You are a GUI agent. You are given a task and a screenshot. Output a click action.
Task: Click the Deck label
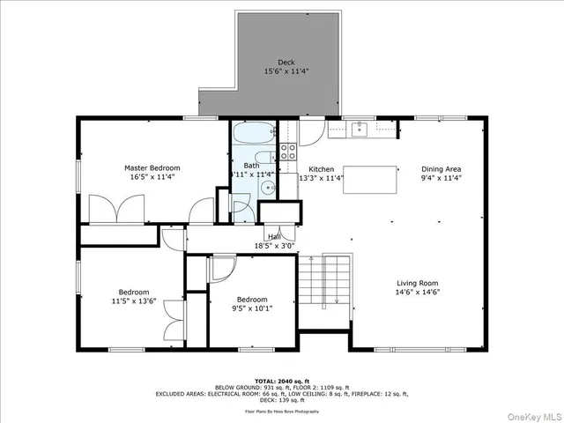[x=286, y=63]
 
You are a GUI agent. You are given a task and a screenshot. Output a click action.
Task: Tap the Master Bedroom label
[x=152, y=167]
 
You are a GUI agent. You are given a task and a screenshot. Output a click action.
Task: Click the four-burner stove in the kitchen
[x=288, y=151]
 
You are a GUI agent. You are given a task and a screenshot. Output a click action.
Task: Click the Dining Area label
[x=441, y=168]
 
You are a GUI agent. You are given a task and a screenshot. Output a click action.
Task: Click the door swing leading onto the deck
[x=310, y=132]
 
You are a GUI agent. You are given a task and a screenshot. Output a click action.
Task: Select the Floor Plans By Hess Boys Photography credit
[x=282, y=410]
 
